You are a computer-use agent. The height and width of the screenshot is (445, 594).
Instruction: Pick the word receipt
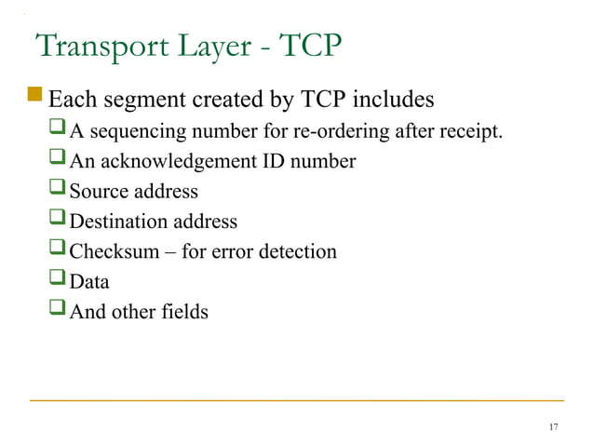474,132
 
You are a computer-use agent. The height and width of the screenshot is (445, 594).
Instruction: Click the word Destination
118,222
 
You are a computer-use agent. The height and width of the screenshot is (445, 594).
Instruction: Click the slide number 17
554,426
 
